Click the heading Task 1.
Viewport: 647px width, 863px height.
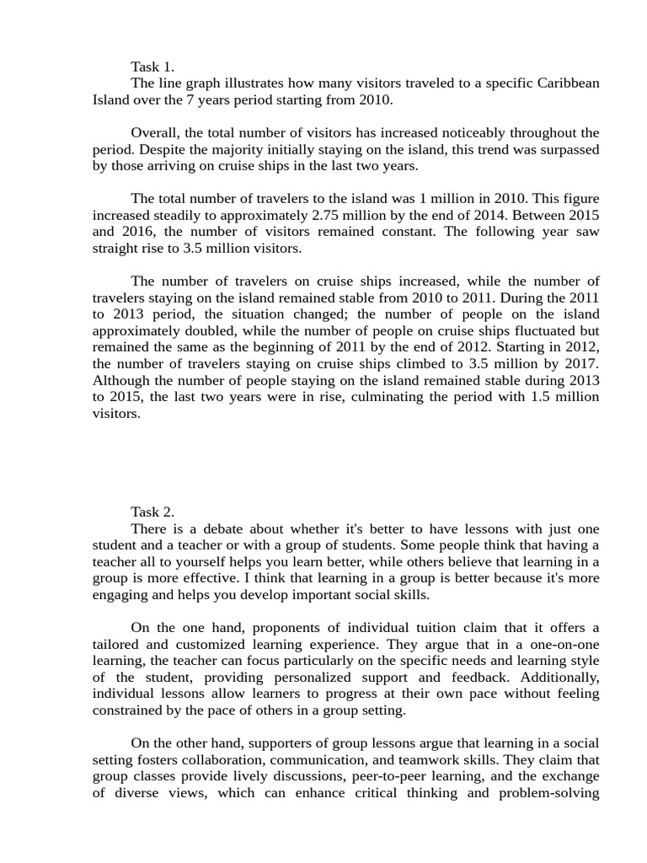tap(152, 67)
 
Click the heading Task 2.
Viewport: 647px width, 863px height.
tap(152, 512)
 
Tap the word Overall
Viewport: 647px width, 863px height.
tap(156, 132)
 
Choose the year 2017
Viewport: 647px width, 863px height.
tap(580, 363)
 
